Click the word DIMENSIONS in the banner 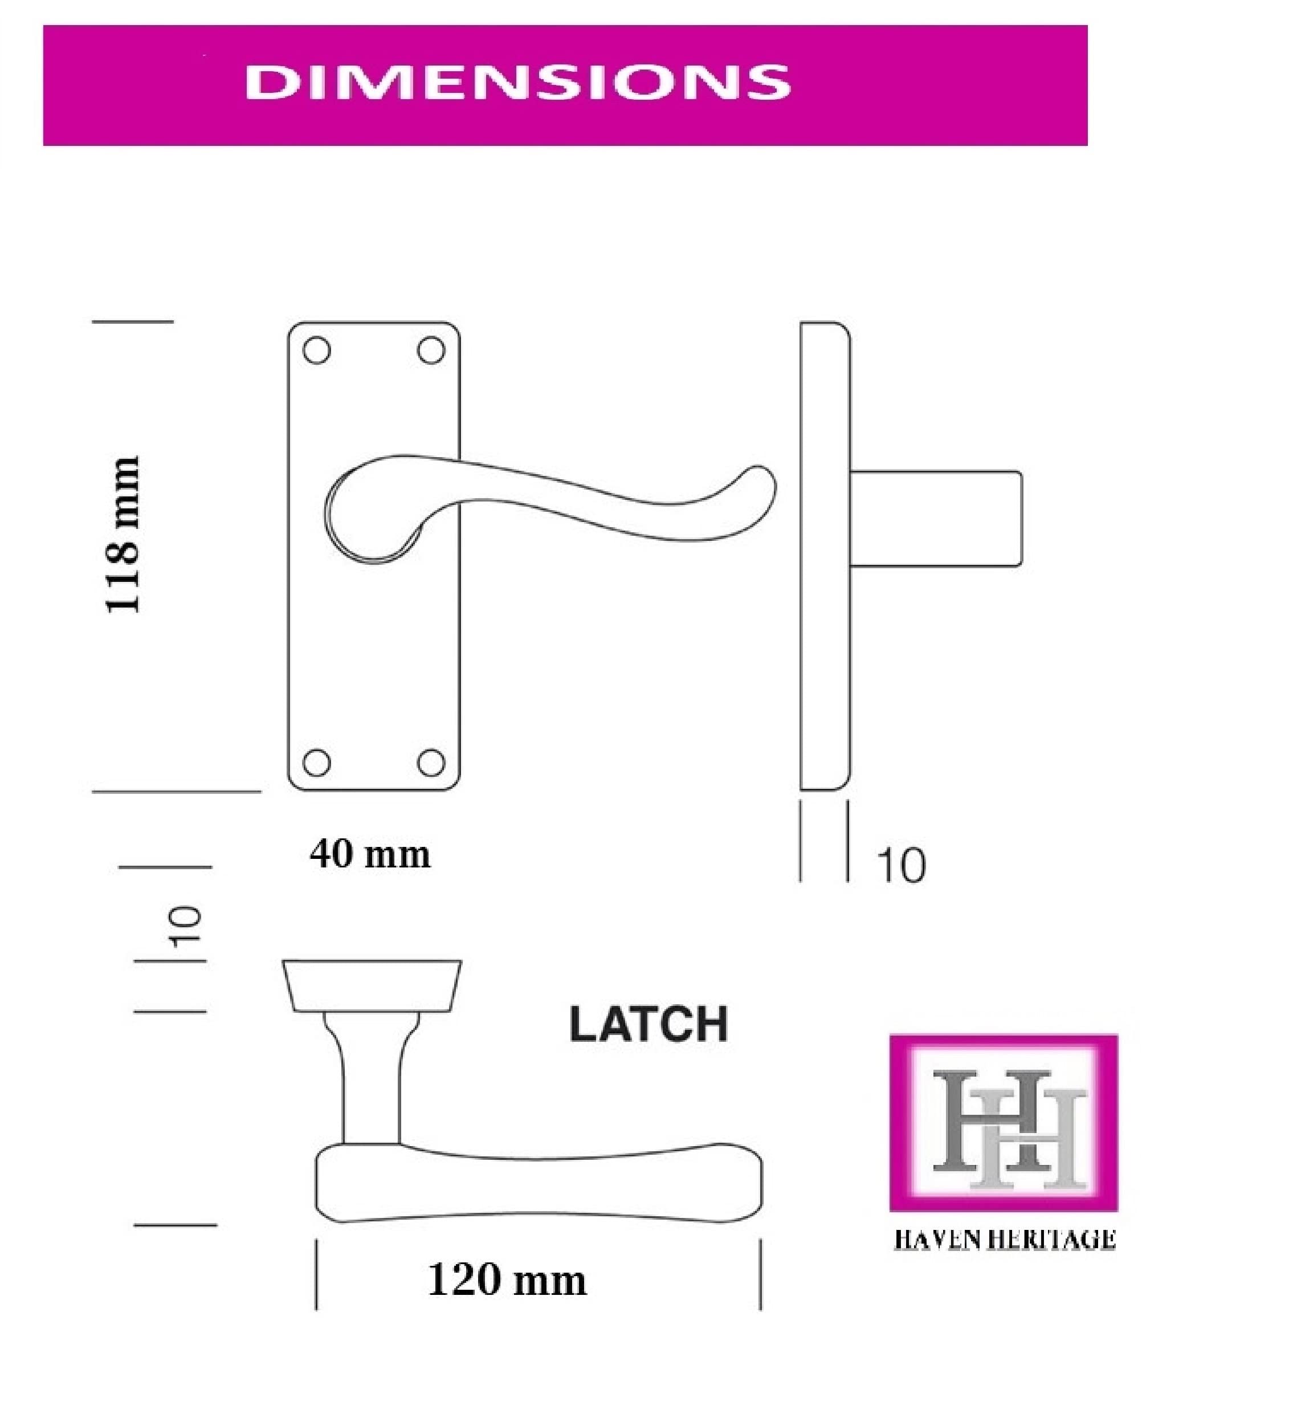coord(517,82)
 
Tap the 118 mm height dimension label coord(123,535)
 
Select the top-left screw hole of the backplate coord(316,351)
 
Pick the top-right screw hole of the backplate coord(431,351)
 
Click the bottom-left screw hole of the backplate coord(316,763)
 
